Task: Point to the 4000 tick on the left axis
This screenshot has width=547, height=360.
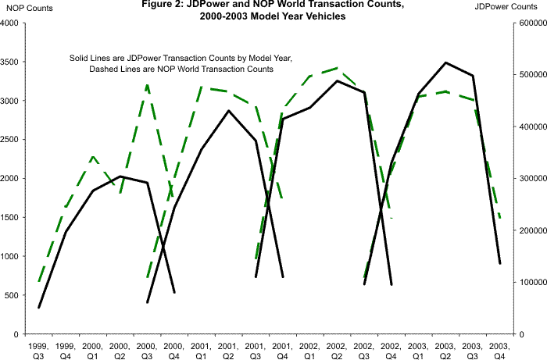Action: (x=10, y=23)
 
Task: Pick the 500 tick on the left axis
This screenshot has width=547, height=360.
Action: (x=13, y=295)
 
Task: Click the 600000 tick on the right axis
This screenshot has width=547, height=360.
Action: (x=531, y=23)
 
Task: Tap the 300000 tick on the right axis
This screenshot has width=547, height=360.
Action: (x=531, y=179)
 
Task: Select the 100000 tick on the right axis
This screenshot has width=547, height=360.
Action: (x=531, y=283)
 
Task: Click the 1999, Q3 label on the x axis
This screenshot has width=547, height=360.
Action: (x=38, y=348)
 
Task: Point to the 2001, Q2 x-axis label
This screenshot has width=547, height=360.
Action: (x=227, y=348)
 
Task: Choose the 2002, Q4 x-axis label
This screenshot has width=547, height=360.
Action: (x=391, y=348)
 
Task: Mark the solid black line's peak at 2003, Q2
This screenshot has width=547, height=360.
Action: (x=445, y=62)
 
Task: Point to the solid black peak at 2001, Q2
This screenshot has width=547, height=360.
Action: (x=228, y=110)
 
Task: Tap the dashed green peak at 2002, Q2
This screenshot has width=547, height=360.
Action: (x=337, y=68)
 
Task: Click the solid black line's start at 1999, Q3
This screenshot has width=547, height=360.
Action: (x=38, y=308)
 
